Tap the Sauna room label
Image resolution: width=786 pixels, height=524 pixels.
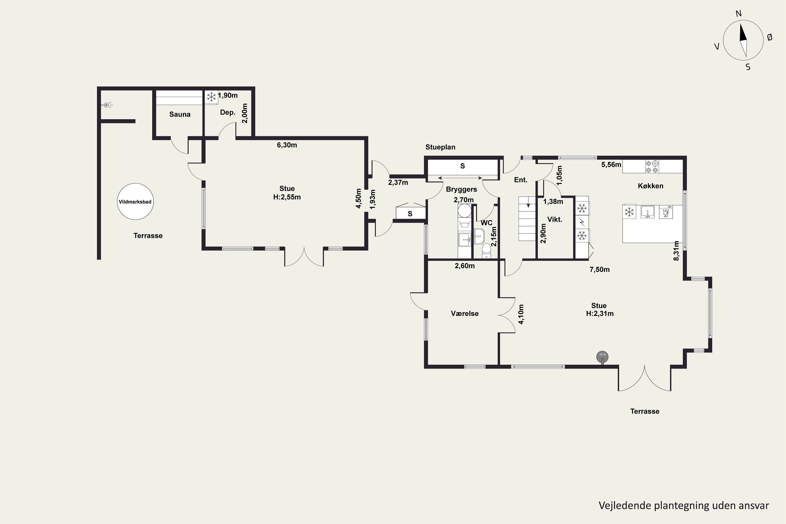click(x=180, y=114)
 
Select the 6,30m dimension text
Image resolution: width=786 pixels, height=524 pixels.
click(x=287, y=145)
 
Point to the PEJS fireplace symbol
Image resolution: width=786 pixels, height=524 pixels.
click(x=603, y=357)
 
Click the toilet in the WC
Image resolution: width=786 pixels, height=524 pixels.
click(x=486, y=251)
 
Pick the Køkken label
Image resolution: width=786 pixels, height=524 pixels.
click(x=651, y=186)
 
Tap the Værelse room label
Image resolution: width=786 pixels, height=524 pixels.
click(x=465, y=313)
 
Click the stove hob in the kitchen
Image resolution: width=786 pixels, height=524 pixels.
click(x=652, y=166)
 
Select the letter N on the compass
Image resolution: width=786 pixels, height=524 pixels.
click(x=739, y=14)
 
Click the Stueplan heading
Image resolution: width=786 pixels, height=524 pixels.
click(x=440, y=147)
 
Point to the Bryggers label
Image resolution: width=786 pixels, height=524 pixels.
click(x=461, y=189)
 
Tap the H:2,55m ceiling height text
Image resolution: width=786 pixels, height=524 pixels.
click(x=287, y=197)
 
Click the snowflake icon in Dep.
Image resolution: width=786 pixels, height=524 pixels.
click(x=211, y=97)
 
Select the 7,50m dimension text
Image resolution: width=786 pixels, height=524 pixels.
click(x=599, y=270)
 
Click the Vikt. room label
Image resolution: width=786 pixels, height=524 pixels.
click(x=555, y=220)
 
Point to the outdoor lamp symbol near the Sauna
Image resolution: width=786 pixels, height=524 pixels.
click(x=107, y=105)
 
